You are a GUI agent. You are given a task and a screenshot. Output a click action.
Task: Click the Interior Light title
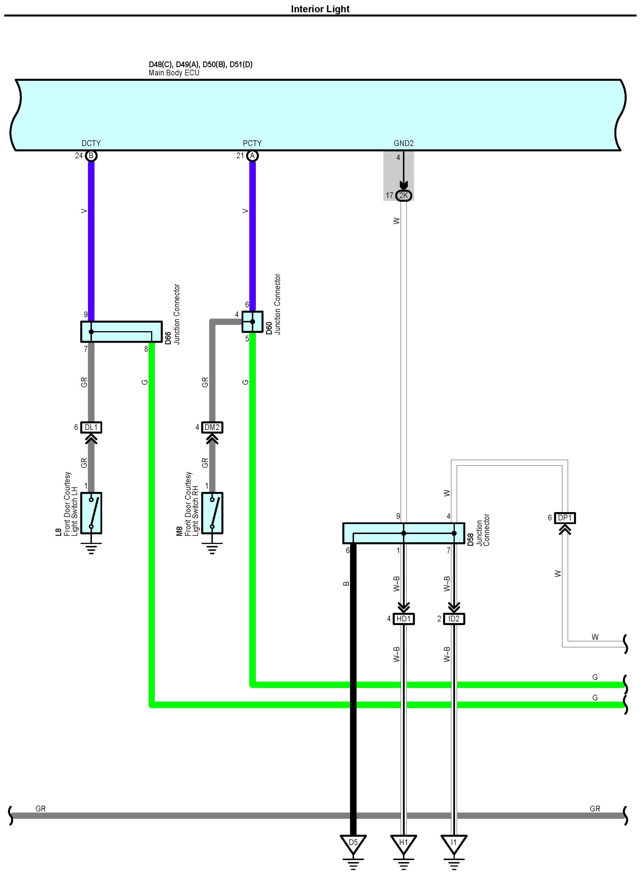point(320,9)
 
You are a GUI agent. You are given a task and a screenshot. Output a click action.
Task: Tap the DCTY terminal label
point(91,143)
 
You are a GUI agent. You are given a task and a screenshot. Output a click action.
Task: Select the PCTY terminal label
point(252,143)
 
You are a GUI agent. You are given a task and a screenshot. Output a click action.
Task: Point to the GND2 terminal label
point(403,143)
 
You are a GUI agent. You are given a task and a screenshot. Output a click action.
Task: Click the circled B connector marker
point(91,156)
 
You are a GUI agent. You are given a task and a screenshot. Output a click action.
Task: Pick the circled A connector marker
point(252,156)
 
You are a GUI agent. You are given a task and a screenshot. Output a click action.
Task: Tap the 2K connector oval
point(403,195)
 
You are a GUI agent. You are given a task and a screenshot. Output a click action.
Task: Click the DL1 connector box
point(91,427)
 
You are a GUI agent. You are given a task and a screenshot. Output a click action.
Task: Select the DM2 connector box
point(212,427)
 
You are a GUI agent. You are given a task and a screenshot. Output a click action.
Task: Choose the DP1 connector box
point(565,518)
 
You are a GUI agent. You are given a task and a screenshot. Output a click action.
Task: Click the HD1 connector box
point(403,619)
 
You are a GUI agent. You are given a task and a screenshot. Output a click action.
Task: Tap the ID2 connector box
point(454,619)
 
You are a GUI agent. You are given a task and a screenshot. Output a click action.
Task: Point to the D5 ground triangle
point(353,843)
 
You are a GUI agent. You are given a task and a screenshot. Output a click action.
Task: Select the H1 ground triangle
point(403,843)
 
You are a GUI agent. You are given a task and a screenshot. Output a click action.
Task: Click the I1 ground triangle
point(454,843)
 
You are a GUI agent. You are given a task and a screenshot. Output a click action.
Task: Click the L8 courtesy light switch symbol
point(91,513)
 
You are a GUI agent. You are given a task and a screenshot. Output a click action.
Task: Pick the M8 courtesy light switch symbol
point(212,513)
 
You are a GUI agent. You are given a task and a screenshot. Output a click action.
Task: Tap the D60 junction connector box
point(252,322)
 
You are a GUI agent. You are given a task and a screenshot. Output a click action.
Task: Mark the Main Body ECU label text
point(174,73)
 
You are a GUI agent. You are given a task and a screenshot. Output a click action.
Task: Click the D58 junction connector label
point(470,540)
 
